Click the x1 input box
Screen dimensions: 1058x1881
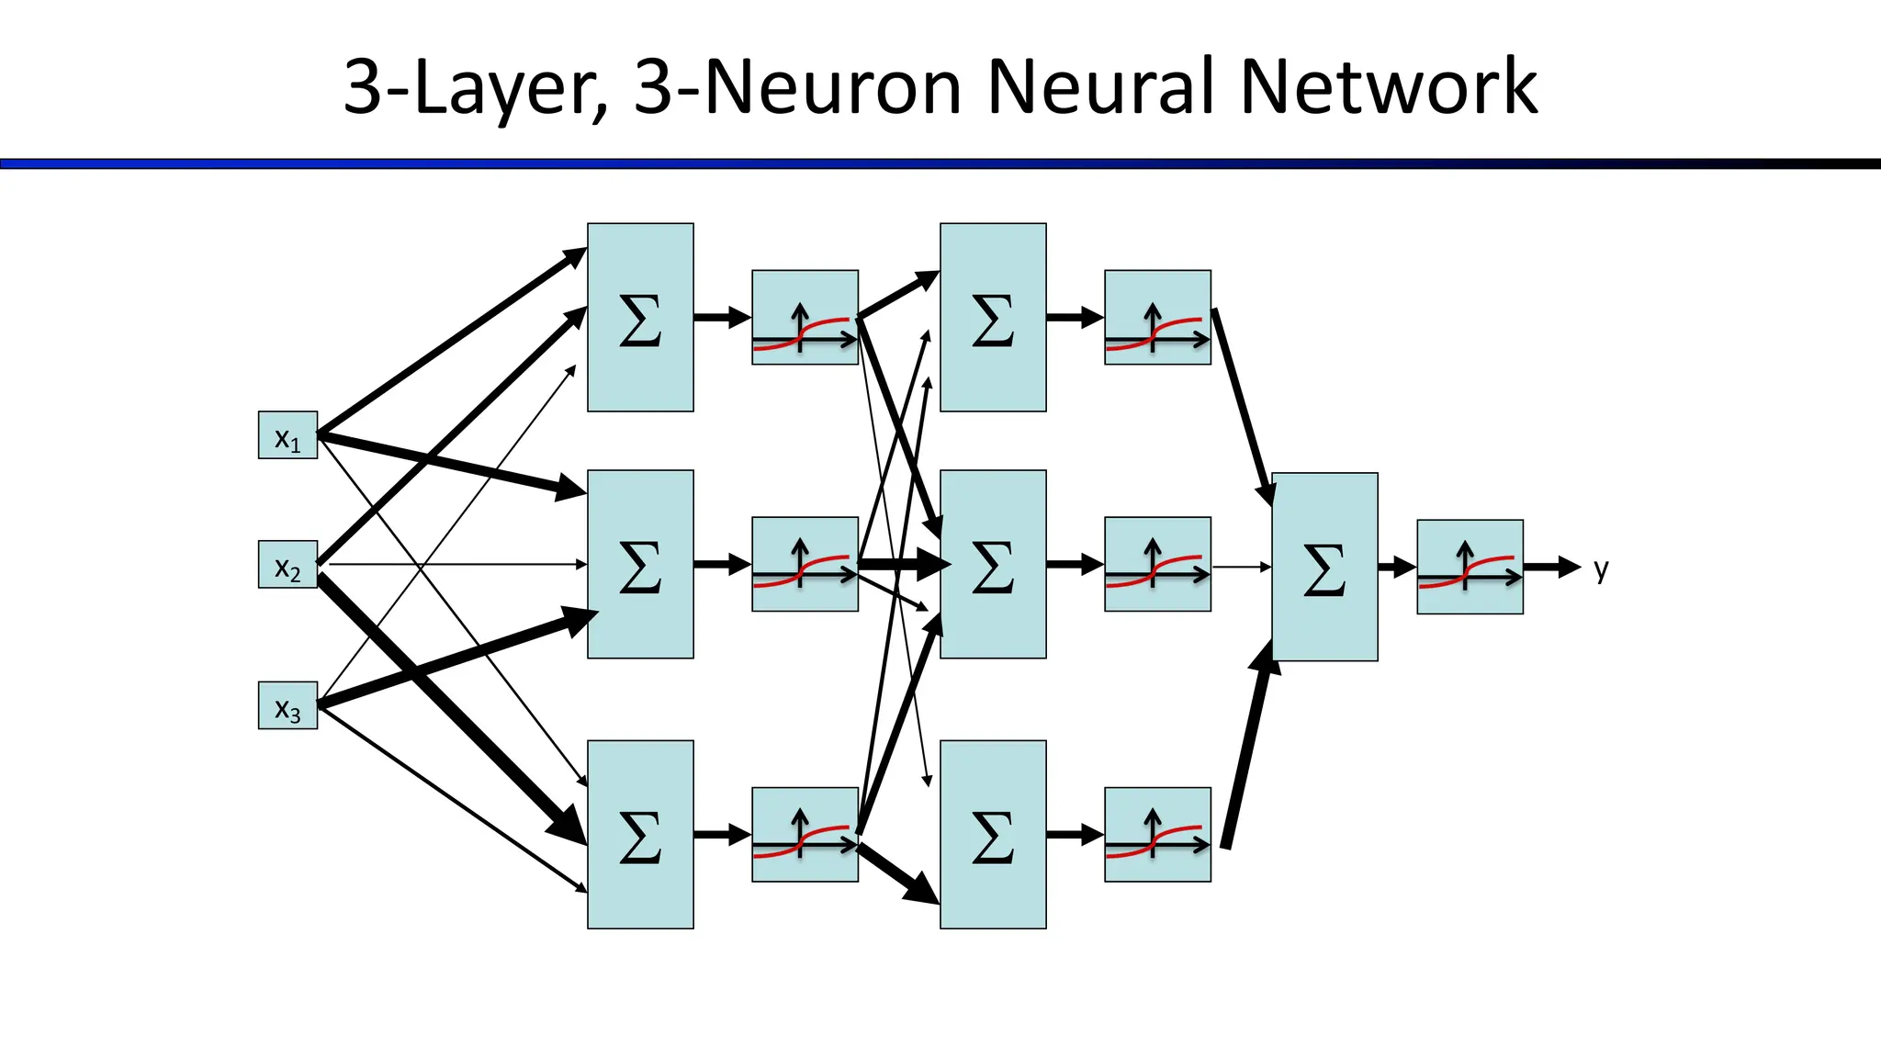tap(287, 435)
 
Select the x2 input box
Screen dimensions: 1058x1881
tap(287, 565)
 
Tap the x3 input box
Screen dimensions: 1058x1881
tap(287, 705)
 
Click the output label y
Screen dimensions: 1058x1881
tap(1601, 569)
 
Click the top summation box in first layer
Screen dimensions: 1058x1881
tap(640, 317)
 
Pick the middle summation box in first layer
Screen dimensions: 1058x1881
tap(640, 564)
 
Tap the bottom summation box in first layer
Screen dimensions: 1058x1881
tap(640, 834)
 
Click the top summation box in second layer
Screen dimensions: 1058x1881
tap(993, 317)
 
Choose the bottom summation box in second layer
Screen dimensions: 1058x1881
tap(993, 834)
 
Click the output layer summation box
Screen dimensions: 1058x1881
tap(1324, 567)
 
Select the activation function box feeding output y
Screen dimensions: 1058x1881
tap(1470, 567)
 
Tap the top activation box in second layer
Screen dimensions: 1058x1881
tap(1157, 317)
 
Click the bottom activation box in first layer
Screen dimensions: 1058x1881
tap(805, 834)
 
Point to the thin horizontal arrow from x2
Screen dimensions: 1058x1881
tap(459, 564)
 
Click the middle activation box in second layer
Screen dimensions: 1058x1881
tap(1157, 564)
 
